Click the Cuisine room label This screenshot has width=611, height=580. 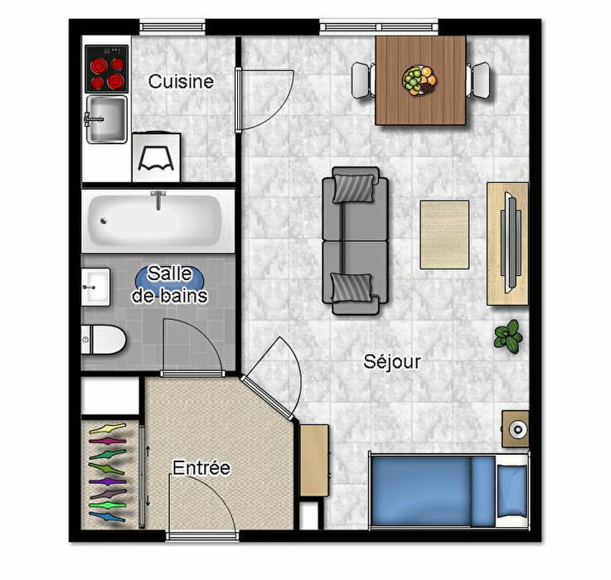point(181,81)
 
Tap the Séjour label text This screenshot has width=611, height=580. point(392,361)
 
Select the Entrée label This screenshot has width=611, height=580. point(201,468)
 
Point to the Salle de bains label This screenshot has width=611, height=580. point(169,285)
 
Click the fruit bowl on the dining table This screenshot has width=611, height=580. point(419,80)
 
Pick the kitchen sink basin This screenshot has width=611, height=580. point(106,118)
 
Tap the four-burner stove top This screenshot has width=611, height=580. point(107,69)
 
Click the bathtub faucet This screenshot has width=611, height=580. point(158,200)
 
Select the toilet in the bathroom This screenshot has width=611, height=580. point(104,340)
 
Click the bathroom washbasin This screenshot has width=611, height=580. point(95,287)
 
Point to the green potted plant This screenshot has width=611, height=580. point(508,336)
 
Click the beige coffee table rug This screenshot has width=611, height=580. point(444,234)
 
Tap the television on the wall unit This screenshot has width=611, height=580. point(511,242)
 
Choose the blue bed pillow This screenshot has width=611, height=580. point(512,491)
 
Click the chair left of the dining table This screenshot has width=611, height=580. point(363,80)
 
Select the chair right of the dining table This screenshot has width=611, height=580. point(478,80)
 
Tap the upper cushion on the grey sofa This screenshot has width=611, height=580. point(352,189)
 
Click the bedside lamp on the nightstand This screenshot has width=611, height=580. point(518,429)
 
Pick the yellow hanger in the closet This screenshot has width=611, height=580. point(108,429)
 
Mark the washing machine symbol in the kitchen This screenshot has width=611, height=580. point(156,157)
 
